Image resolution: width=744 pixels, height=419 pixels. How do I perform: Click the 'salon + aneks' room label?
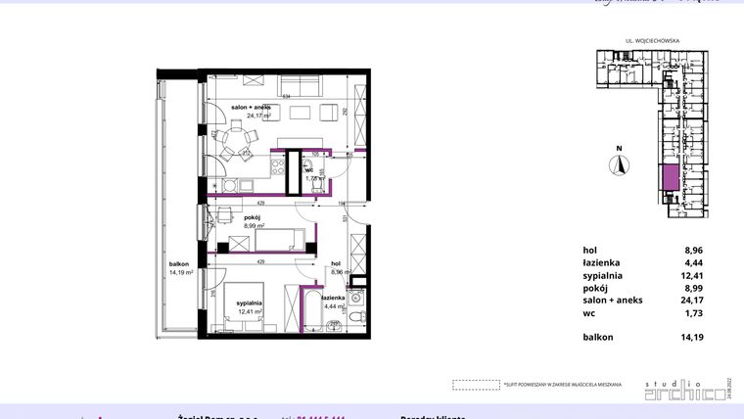click(257, 107)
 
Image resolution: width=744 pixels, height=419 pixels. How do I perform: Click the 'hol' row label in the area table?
click(589, 250)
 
